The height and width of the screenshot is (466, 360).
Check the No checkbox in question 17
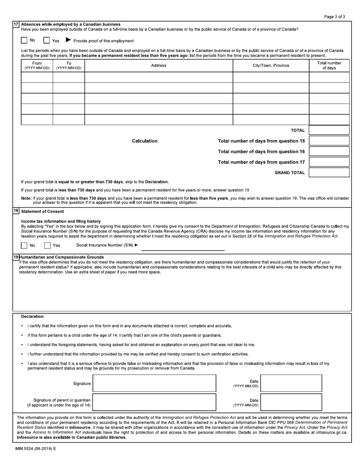pos(24,40)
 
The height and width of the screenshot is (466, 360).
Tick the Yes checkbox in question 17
pos(47,40)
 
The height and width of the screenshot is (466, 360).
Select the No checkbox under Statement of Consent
pos(24,246)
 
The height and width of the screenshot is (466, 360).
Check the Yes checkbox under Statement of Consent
pos(47,246)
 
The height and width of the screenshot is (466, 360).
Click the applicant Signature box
pos(154,383)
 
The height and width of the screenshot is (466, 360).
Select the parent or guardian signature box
pos(154,402)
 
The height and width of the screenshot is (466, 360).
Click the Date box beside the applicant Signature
pos(291,383)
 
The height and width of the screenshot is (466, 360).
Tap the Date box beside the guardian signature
pos(291,402)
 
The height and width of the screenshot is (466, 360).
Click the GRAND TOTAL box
pos(329,172)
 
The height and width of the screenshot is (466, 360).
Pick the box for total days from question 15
pos(329,141)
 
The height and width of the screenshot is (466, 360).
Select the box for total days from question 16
pos(329,151)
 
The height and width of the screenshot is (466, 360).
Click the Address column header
pos(158,66)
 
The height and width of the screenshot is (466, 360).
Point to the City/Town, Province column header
pos(271,66)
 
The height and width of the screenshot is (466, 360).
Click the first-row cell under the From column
pos(37,77)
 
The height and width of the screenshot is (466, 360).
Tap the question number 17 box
pos(16,24)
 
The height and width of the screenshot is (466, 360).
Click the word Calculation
pos(144,141)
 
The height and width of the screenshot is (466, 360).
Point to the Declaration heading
pos(32,316)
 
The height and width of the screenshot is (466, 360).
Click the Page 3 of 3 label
pos(334,17)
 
